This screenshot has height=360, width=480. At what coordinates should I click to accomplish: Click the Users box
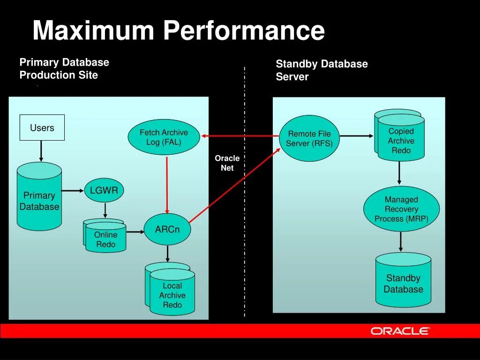tap(42, 127)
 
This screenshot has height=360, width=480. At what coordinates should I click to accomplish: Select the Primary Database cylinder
tap(39, 197)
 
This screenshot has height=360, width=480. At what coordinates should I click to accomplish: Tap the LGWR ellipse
tap(104, 191)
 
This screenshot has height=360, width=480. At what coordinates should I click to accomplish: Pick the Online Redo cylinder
tap(105, 237)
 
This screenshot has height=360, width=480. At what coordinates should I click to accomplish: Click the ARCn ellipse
tap(167, 229)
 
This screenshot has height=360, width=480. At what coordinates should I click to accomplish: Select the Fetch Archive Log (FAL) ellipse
tap(164, 137)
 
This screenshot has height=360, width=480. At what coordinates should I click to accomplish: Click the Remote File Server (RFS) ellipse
tap(309, 138)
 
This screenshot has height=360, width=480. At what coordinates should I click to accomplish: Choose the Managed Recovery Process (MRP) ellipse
tap(401, 209)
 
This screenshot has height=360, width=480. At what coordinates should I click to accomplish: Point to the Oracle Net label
tap(227, 163)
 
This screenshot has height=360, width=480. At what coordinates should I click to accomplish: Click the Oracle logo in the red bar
tap(400, 331)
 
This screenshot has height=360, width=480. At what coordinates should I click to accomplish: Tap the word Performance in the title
tap(244, 31)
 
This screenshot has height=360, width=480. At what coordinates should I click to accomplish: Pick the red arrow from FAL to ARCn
tap(167, 183)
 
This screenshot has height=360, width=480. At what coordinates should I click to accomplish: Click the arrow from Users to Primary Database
tap(41, 151)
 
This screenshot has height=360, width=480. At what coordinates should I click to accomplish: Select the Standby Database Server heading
tap(322, 70)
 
